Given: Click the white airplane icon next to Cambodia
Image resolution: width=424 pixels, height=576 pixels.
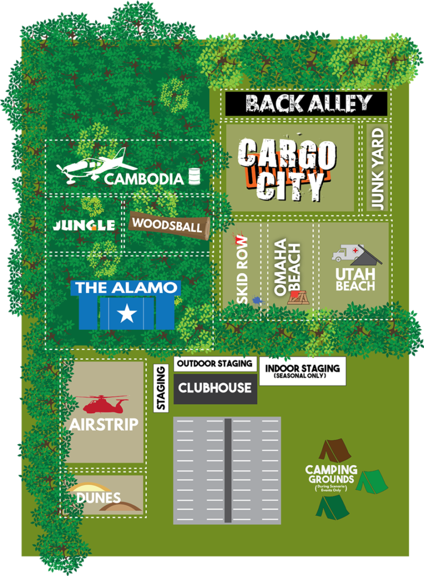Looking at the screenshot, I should (x=90, y=166).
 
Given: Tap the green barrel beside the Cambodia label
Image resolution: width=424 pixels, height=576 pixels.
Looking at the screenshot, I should (x=194, y=177).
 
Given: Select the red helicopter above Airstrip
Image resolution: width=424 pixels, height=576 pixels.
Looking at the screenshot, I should (x=103, y=405).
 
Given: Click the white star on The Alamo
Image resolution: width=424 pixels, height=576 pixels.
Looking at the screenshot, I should (x=127, y=315).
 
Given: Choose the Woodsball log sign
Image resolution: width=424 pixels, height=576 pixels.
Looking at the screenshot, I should (x=168, y=225).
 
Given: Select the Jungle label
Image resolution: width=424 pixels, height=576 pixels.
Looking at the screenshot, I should (x=84, y=225).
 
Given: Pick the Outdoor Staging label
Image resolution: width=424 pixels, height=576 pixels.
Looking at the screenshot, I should (x=215, y=364).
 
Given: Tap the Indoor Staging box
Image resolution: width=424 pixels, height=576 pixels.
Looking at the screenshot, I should (x=302, y=371).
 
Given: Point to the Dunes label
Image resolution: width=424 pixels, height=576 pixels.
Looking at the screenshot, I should (x=99, y=498).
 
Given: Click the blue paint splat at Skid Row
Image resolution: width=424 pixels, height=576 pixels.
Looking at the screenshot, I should (x=257, y=301).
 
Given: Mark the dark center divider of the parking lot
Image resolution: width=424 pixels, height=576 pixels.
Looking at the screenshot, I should (x=227, y=470).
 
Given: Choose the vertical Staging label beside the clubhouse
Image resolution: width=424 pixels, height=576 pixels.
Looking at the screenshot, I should (x=161, y=388).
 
